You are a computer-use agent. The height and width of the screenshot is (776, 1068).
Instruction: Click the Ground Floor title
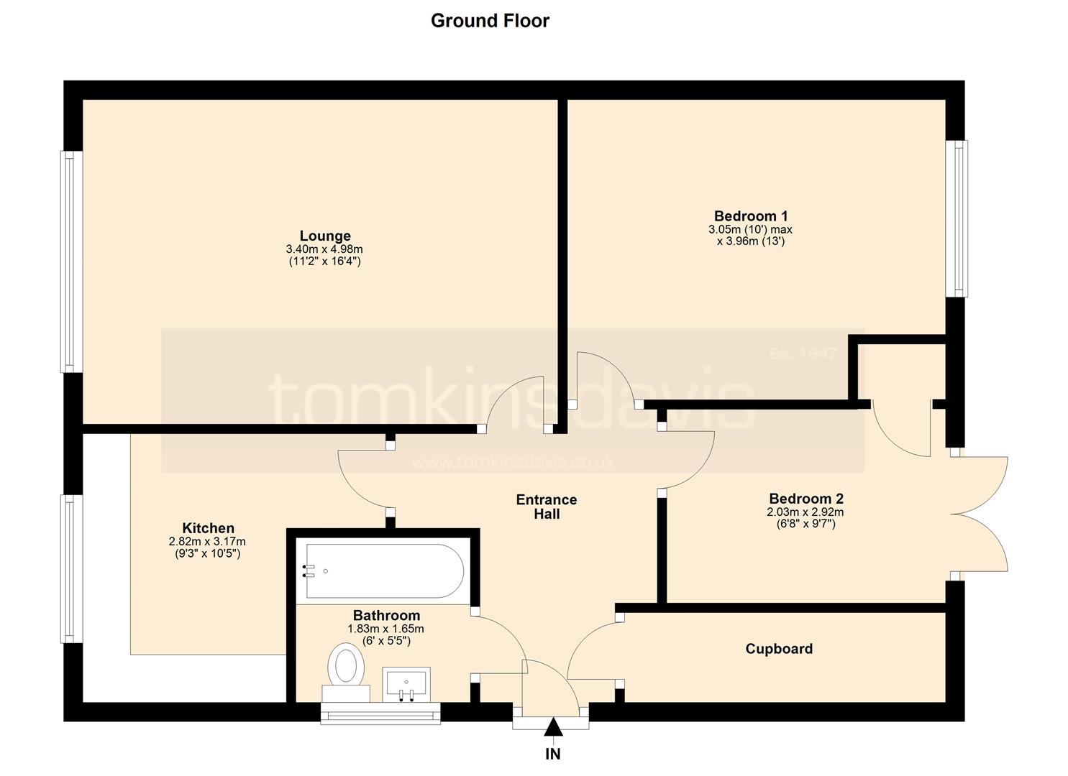pos(490,21)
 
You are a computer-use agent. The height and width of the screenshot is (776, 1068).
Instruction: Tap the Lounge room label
pos(325,236)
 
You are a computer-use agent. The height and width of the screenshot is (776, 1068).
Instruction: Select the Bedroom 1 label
pos(751,216)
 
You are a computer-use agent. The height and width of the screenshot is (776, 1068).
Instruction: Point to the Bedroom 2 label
pos(806,499)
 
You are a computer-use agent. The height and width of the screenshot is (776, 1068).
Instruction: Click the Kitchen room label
pos(209,528)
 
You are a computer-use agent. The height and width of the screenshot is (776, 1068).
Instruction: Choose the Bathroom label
pos(386,615)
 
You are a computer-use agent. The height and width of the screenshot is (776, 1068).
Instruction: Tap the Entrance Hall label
pos(547,507)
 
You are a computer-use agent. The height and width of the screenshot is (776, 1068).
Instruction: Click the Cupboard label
pos(779,649)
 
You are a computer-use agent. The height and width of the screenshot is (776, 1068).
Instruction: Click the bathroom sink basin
pos(406,685)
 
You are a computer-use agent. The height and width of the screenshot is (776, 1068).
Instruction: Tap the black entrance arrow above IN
pos(553,726)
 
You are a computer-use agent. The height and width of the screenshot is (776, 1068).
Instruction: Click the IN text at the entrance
pos(553,754)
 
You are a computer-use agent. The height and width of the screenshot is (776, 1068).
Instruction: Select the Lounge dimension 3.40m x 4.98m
pos(324,249)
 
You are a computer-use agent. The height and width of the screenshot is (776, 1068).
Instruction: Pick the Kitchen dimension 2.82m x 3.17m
pos(207,542)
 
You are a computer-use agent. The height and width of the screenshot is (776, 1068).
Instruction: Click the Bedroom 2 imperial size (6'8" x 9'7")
pos(805,525)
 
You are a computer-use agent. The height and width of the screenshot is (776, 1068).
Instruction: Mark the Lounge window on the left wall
pos(71,262)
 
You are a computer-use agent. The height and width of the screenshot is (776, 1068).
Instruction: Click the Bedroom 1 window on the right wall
pos(957,218)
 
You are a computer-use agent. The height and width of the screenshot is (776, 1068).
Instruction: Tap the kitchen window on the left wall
pos(71,569)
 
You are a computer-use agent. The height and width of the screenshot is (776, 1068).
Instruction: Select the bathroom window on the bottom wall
pos(380,713)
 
